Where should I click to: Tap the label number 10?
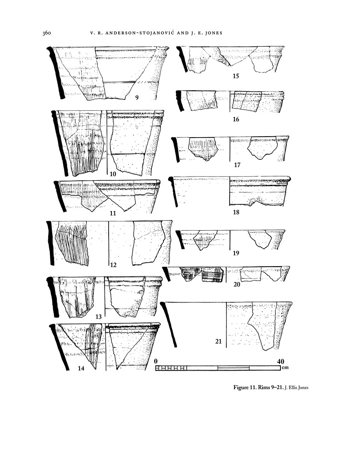pos(113,174)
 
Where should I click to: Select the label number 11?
pos(113,213)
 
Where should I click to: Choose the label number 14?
pos(81,369)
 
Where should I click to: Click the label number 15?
pos(235,76)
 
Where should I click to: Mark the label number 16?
pos(235,120)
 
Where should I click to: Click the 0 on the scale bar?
pos(156,361)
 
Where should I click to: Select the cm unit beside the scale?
pos(285,368)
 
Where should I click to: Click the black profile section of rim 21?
pos(168,325)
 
